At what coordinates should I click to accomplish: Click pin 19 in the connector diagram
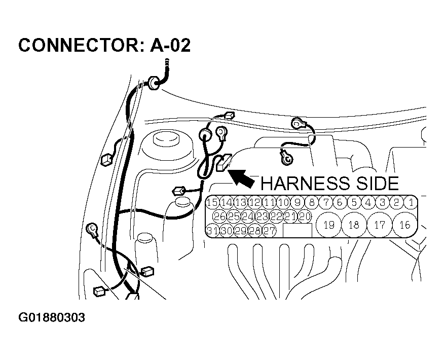[x=328, y=225]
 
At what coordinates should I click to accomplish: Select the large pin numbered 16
[x=404, y=225]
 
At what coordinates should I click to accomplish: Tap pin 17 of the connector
[x=379, y=225]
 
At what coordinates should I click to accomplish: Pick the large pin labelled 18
[x=354, y=225]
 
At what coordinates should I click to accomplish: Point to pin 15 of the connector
[x=212, y=203]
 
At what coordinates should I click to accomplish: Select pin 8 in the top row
[x=312, y=203]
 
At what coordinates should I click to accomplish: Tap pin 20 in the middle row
[x=304, y=217]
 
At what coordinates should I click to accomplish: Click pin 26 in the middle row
[x=219, y=217]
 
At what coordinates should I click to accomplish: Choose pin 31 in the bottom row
[x=212, y=231]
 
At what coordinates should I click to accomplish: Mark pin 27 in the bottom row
[x=270, y=231]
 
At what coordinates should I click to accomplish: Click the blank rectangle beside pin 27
[x=298, y=231]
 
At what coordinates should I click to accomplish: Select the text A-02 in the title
[x=171, y=46]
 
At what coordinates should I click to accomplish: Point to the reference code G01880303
[x=52, y=318]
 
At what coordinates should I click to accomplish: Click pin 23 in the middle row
[x=262, y=217]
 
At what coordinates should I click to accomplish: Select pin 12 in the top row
[x=255, y=203]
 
